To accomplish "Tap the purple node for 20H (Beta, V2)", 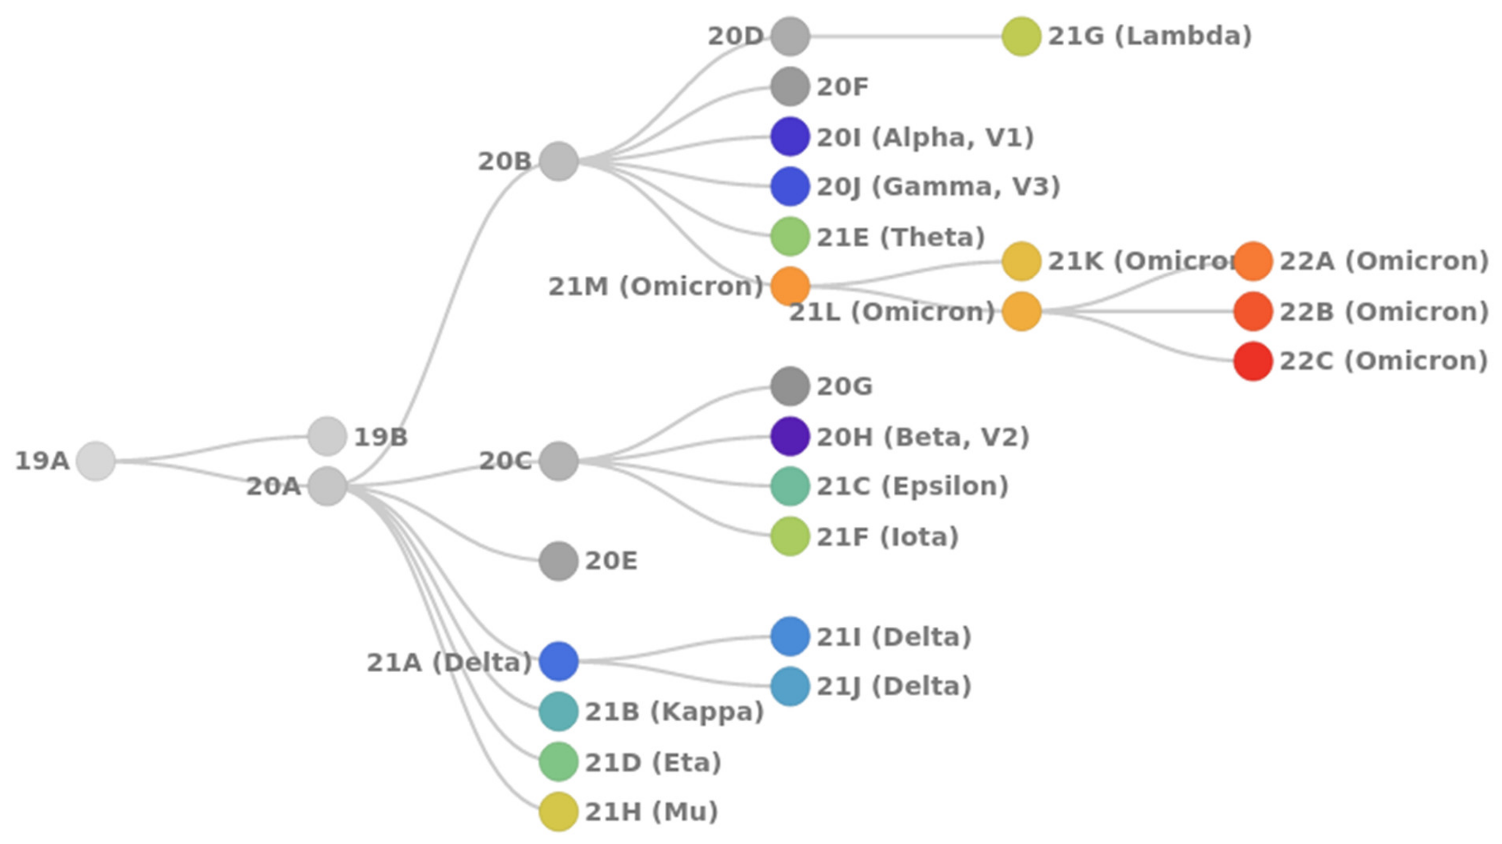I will coord(790,436).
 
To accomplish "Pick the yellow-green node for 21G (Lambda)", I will coord(1021,36).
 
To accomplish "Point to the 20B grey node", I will coord(559,162).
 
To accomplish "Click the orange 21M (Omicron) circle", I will coord(790,286).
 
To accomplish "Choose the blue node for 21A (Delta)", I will coord(559,662).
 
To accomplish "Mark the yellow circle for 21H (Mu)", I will coord(559,811).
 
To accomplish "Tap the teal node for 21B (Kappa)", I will coord(559,712).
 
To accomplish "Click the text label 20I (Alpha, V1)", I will coord(925,138).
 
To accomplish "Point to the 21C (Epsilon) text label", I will coord(912,486).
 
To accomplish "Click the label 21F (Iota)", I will coord(887,537).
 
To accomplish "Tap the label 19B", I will coord(381,437).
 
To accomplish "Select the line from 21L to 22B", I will coord(1137,312).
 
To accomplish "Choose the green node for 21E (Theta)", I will coord(790,237).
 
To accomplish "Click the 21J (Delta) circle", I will coord(790,686).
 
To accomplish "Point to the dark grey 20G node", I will coord(790,386).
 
